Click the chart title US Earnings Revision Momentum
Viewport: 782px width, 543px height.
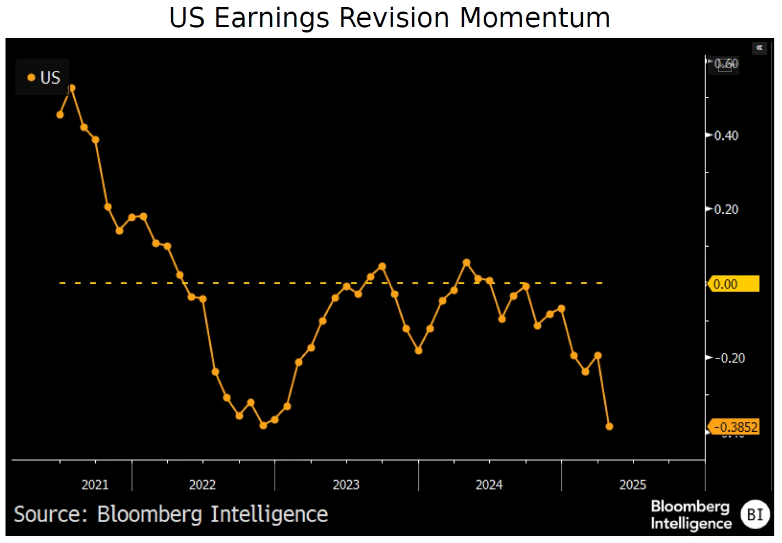pyautogui.click(x=390, y=18)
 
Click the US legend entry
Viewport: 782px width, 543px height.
pyautogui.click(x=44, y=78)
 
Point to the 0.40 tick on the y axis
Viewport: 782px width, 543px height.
pyautogui.click(x=726, y=135)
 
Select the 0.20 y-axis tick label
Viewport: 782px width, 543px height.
pyautogui.click(x=726, y=209)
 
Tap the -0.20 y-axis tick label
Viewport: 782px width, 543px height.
pyautogui.click(x=730, y=358)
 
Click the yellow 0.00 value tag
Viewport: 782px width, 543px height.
pyautogui.click(x=734, y=284)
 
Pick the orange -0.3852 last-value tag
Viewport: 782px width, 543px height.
pyautogui.click(x=735, y=427)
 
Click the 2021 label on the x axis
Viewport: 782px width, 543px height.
pyautogui.click(x=95, y=485)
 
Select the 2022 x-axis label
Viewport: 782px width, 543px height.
pyautogui.click(x=203, y=485)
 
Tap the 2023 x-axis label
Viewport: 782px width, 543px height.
pyautogui.click(x=346, y=485)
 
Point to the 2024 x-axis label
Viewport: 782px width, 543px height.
pyautogui.click(x=489, y=485)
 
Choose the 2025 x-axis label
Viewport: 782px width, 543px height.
pyautogui.click(x=633, y=485)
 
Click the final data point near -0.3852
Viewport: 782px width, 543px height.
pyautogui.click(x=609, y=426)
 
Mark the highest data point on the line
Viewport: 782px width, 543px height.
pyautogui.click(x=72, y=88)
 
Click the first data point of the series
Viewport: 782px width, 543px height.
pyautogui.click(x=60, y=115)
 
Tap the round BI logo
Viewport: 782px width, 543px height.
pyautogui.click(x=755, y=514)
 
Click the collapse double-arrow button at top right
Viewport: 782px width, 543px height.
pyautogui.click(x=759, y=48)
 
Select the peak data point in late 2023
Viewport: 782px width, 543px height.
pyautogui.click(x=467, y=263)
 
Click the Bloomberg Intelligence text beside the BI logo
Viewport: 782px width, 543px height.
pyautogui.click(x=691, y=514)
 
